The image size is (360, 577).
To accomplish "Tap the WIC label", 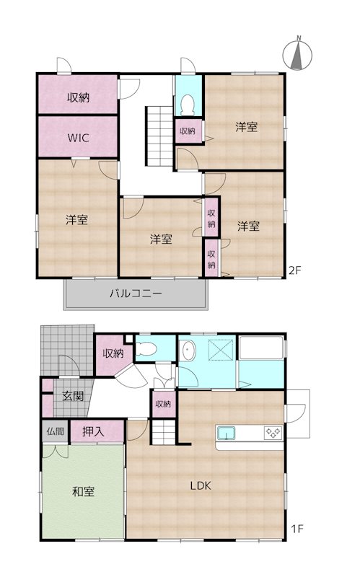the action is tap(78, 138).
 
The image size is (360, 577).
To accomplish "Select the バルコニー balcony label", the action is tap(136, 294).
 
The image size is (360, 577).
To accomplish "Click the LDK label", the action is tap(201, 485).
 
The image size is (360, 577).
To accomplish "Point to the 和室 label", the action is tap(83, 492).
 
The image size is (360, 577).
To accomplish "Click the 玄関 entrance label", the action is tap(73, 396).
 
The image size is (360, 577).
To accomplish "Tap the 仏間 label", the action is tap(56, 431).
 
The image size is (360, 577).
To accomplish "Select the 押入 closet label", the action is tap(93, 431).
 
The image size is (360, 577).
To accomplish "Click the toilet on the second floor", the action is tap(188, 105).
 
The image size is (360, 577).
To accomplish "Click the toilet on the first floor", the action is tap(146, 348).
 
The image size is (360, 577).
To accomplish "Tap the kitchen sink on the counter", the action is tap(226, 433).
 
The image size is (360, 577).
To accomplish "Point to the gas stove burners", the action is tap(273, 432).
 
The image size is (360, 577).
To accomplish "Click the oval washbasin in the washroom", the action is tap(188, 350).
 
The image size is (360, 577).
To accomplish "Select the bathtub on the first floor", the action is tap(261, 348).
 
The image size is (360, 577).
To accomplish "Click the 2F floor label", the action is tap(295, 270).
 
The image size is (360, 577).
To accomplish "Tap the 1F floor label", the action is tap(297, 529).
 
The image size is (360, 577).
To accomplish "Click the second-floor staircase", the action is tap(159, 136).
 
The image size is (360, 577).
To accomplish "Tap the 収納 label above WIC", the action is tap(78, 97).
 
